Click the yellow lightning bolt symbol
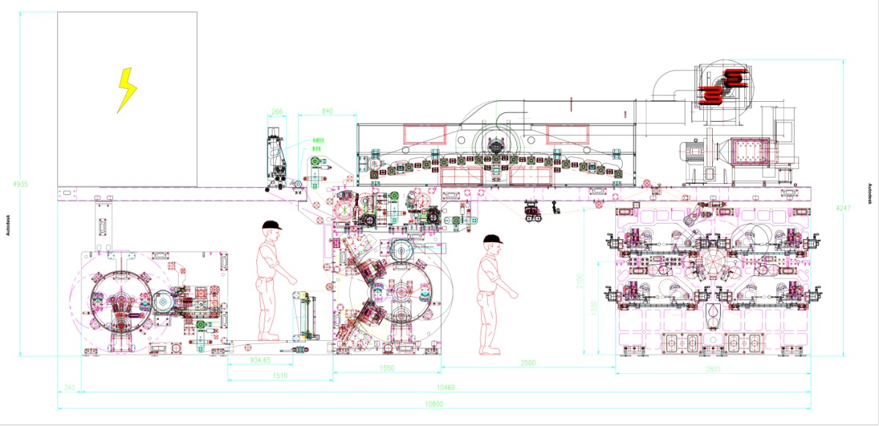pos(127,90)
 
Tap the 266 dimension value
pos(277,111)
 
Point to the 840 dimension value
pos(327,111)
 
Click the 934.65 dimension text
pos(260,360)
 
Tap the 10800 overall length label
pos(434,404)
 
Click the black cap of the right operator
pos(492,239)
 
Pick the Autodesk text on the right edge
pos(869,194)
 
